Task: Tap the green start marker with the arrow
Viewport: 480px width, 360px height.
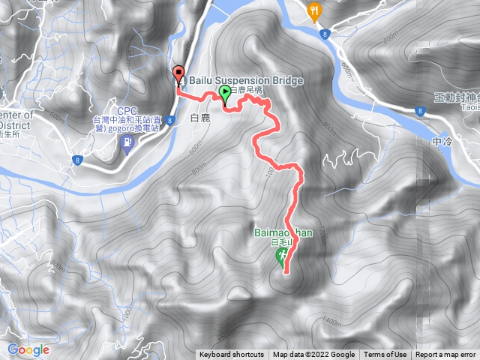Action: pos(225,94)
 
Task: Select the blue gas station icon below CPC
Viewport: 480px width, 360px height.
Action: pos(126,141)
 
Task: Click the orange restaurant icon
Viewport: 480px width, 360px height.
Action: pos(314,10)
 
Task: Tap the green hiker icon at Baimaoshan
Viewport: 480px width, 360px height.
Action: pos(282,258)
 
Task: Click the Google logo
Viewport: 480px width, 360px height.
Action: pos(28,349)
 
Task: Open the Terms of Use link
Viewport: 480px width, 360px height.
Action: pos(385,355)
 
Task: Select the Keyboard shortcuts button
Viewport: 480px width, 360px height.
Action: pos(232,355)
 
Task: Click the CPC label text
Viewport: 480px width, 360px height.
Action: pos(125,109)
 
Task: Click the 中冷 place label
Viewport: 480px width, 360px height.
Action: pos(443,142)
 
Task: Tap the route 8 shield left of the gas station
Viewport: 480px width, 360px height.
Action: pos(77,159)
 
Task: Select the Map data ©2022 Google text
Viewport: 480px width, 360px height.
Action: pos(313,355)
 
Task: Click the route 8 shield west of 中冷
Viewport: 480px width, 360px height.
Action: pos(418,109)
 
